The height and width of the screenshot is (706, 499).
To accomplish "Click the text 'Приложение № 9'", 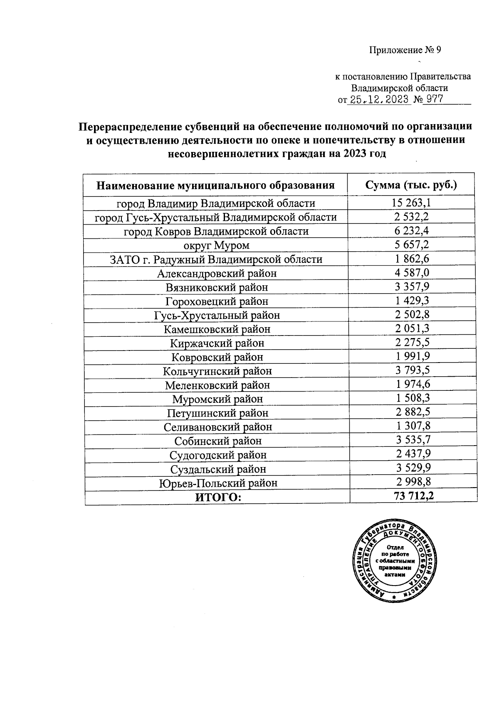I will pyautogui.click(x=405, y=50).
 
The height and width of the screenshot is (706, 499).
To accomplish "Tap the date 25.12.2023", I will pyautogui.click(x=378, y=100).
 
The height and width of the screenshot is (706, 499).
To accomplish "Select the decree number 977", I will pyautogui.click(x=433, y=100).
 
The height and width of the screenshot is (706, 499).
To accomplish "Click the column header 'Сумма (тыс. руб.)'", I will pyautogui.click(x=411, y=185).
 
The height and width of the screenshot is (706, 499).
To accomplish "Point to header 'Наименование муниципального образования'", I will pyautogui.click(x=215, y=185).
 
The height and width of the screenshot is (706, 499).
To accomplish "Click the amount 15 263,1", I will pyautogui.click(x=411, y=203).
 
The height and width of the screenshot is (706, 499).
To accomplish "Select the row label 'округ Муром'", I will pyautogui.click(x=216, y=245).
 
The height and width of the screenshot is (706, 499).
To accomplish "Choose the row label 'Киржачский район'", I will pyautogui.click(x=217, y=343).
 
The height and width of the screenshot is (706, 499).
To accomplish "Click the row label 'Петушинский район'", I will pyautogui.click(x=217, y=413).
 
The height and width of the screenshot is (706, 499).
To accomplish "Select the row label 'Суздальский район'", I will pyautogui.click(x=218, y=469).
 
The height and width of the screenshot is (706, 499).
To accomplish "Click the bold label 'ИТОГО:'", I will pyautogui.click(x=218, y=497).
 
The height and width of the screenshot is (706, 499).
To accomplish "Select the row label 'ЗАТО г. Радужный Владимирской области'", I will pyautogui.click(x=216, y=260).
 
